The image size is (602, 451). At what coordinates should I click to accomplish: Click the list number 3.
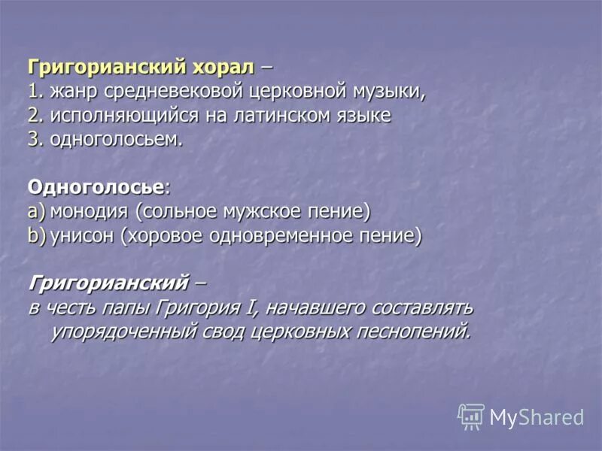click(34, 141)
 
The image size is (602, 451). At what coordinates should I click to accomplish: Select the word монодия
click(88, 211)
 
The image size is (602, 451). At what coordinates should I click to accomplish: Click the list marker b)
click(37, 236)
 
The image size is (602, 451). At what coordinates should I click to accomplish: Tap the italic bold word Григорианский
click(108, 283)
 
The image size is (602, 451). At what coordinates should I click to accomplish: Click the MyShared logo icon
click(471, 416)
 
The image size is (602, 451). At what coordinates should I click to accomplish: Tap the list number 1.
click(34, 92)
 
